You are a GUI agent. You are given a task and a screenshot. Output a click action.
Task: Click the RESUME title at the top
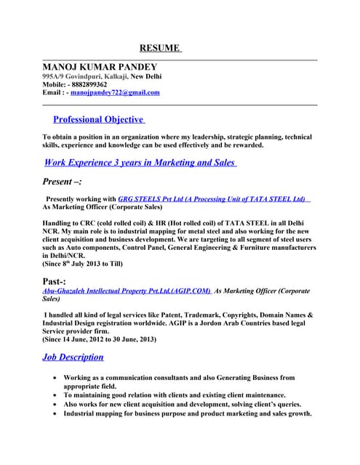pos(159,48)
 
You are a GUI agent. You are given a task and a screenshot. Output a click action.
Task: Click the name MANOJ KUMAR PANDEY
pos(100,66)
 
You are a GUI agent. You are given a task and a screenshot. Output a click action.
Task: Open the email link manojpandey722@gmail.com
pos(115,93)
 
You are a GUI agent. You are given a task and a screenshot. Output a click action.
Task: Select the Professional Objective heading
pos(98,119)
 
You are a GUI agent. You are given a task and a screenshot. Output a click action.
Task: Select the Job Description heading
pos(73,357)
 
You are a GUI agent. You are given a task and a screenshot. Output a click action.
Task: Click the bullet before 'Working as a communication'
pos(56,378)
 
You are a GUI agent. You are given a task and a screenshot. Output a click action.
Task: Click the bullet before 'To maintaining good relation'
pos(56,395)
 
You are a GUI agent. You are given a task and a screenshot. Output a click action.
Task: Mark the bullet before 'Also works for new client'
pos(56,404)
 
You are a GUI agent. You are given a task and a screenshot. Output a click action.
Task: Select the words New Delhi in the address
pos(146,76)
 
